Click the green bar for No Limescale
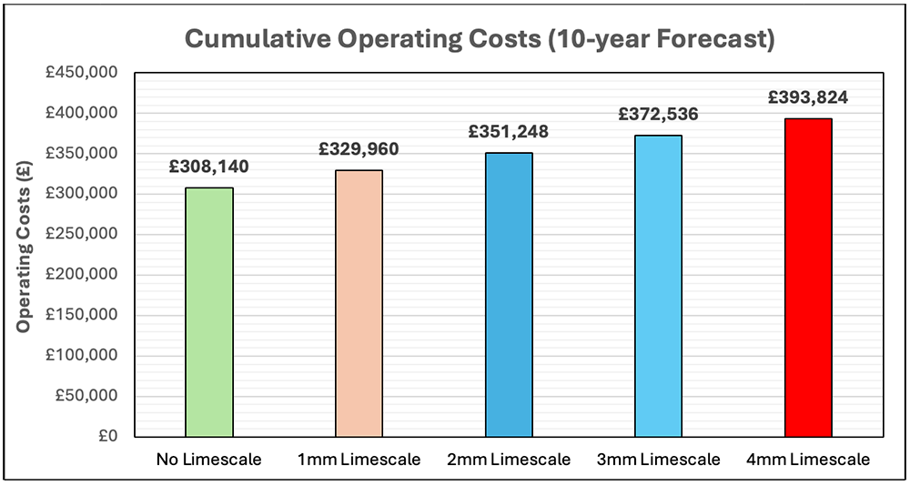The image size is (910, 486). click(x=209, y=312)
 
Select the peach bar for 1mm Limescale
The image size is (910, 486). click(x=359, y=303)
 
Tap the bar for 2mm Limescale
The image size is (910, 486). click(x=509, y=295)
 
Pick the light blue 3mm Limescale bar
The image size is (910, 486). click(x=658, y=286)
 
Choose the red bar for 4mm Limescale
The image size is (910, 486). click(x=808, y=278)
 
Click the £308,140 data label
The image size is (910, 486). click(x=209, y=167)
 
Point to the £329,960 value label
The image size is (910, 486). click(x=359, y=149)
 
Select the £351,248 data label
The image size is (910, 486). click(x=509, y=132)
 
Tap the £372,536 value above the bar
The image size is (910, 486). click(x=658, y=115)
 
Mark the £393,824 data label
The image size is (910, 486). click(x=808, y=97)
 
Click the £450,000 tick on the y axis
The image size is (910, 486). click(x=87, y=73)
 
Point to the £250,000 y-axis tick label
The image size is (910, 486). click(x=87, y=234)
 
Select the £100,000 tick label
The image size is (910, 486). click(x=87, y=355)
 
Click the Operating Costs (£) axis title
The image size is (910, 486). click(x=26, y=255)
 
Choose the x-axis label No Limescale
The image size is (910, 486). click(x=209, y=460)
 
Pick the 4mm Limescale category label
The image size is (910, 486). click(x=808, y=460)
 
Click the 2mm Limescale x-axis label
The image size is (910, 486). click(x=509, y=460)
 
